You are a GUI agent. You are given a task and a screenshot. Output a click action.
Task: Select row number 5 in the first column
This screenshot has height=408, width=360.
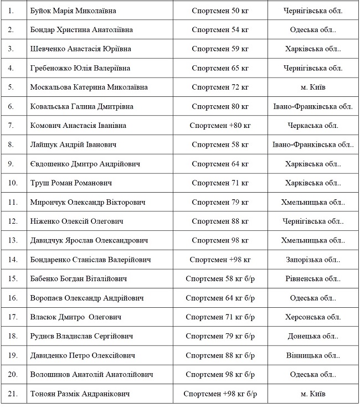[x=11, y=87]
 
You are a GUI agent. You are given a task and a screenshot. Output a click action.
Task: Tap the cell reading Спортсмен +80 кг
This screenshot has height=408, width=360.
[x=220, y=125]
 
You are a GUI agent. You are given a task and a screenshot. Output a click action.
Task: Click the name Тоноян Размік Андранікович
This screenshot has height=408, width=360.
[x=80, y=394]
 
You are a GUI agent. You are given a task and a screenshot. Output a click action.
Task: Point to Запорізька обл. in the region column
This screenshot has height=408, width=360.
[x=313, y=259]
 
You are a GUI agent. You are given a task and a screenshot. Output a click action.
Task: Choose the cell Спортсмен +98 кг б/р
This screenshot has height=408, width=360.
[x=220, y=394]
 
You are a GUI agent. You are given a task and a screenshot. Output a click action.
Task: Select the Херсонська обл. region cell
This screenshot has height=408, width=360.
[x=313, y=317]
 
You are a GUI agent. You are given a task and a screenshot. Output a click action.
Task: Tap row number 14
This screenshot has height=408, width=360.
[x=13, y=259]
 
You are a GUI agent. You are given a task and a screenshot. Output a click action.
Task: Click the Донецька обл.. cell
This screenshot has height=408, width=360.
[x=313, y=336]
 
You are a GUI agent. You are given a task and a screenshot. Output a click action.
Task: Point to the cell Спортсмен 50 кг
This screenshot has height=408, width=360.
[x=220, y=11]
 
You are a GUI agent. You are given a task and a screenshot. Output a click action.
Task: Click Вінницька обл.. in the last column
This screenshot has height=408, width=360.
[x=313, y=355]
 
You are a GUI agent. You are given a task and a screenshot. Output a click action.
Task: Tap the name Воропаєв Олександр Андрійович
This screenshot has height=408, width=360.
[x=87, y=298]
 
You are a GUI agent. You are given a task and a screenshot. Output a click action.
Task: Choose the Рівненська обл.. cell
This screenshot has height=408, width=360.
[x=313, y=278]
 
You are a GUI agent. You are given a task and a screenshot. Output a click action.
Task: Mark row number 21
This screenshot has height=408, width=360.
[x=13, y=394]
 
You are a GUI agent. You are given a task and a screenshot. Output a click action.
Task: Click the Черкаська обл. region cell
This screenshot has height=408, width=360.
[x=313, y=125]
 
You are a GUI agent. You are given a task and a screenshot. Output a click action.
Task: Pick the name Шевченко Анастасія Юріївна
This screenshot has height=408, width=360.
[x=80, y=49]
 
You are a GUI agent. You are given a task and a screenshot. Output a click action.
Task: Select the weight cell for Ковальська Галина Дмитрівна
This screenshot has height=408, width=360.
[x=220, y=106]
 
